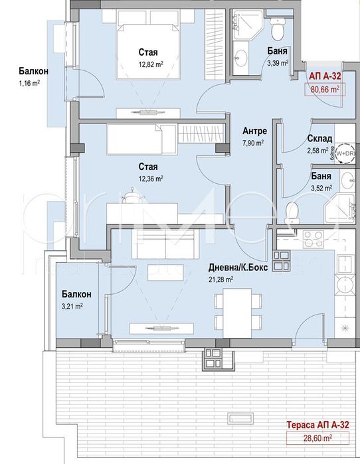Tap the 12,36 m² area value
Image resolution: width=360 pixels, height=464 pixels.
(x=151, y=178)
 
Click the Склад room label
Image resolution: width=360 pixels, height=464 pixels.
(x=319, y=139)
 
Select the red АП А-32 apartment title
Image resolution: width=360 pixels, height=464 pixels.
(x=325, y=76)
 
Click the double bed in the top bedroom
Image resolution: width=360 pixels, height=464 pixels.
(x=148, y=53)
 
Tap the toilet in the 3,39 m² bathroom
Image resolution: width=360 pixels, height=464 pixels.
(x=278, y=30)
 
